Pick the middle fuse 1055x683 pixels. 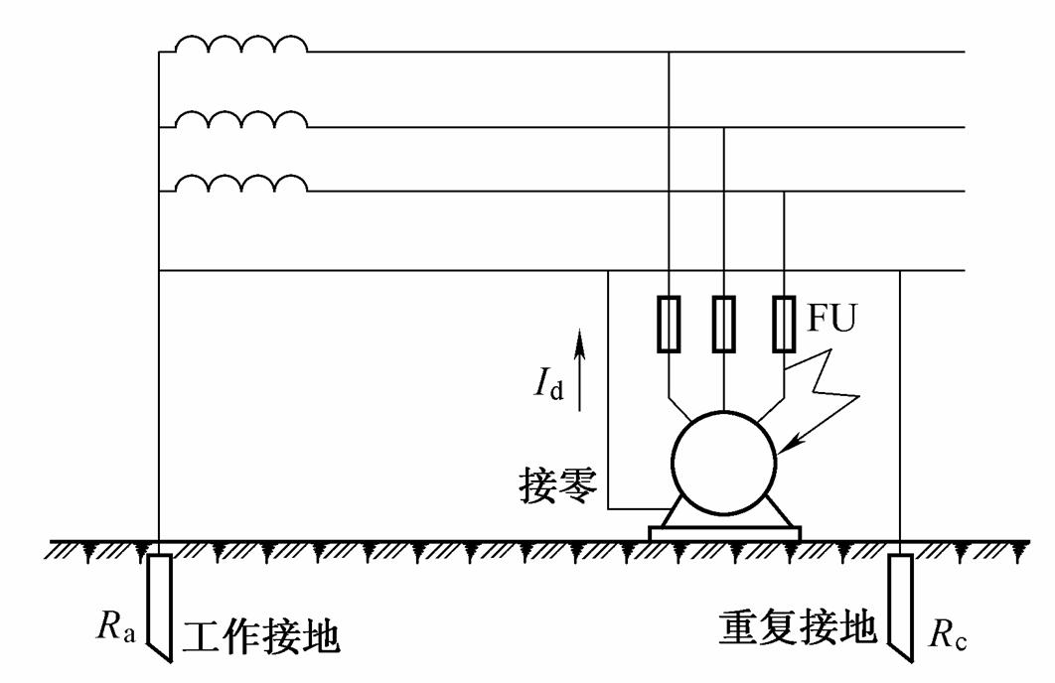724,324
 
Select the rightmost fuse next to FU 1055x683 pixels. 785,324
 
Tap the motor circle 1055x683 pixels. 723,460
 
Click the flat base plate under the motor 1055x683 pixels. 723,533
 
